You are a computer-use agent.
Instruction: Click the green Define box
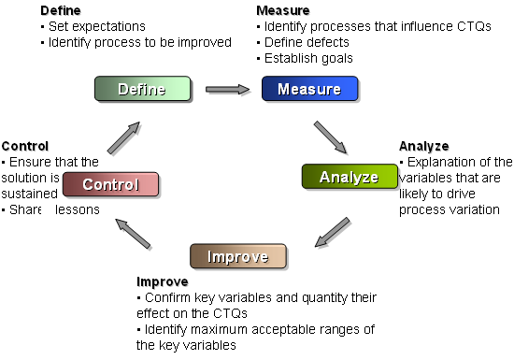click(143, 89)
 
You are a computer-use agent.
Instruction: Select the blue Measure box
click(309, 89)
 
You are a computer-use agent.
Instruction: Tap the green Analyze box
click(350, 177)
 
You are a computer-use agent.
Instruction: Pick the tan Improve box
click(238, 256)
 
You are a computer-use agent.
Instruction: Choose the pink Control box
click(111, 184)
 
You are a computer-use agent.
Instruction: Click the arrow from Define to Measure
click(227, 89)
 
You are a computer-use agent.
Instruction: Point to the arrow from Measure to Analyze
click(331, 137)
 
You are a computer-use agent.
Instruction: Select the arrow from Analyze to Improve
click(333, 232)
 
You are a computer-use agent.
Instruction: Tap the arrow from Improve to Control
click(133, 234)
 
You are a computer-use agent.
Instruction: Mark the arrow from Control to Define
click(123, 137)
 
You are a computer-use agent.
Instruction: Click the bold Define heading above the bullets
click(61, 10)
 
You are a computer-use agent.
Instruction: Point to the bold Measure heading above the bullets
click(283, 10)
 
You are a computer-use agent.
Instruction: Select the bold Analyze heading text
click(424, 146)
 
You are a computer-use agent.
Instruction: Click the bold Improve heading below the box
click(163, 281)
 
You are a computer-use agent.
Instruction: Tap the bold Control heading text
click(25, 146)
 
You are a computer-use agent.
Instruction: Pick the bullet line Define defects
click(303, 42)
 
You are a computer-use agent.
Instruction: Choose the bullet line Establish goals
click(305, 58)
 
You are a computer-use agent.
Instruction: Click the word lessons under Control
click(78, 209)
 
